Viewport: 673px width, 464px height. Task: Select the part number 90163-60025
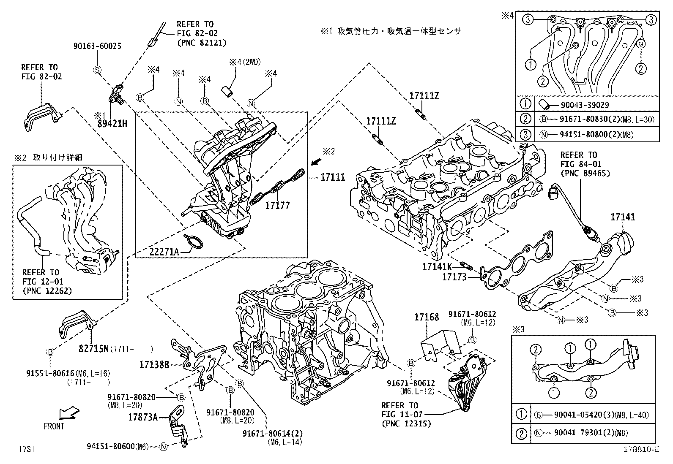click(96, 46)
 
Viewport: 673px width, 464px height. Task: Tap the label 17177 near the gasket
click(277, 206)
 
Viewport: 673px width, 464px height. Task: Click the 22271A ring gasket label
click(164, 252)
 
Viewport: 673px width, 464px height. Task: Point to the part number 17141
click(622, 217)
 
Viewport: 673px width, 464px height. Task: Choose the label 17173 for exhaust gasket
click(454, 277)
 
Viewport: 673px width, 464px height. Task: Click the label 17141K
click(437, 266)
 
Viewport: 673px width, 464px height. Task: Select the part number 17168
click(427, 316)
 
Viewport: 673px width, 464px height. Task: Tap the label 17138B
click(154, 364)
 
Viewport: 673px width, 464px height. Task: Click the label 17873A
click(143, 417)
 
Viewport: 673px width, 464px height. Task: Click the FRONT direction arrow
click(68, 413)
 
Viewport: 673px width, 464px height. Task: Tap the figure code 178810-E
click(641, 450)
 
